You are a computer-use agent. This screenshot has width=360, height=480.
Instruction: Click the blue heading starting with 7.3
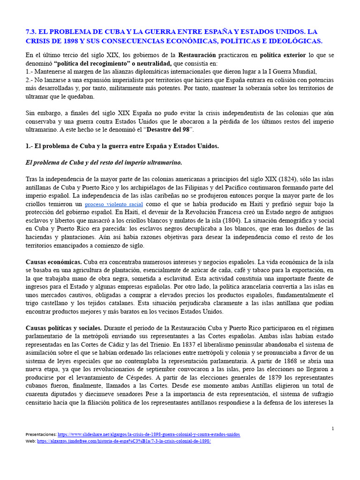(173, 37)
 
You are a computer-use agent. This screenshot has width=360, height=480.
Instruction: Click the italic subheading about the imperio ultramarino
(103, 162)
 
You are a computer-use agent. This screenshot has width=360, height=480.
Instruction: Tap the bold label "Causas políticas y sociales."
(64, 328)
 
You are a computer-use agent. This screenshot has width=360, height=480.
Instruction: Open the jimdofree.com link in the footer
(124, 441)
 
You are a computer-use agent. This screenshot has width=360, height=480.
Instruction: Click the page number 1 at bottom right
(332, 428)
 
